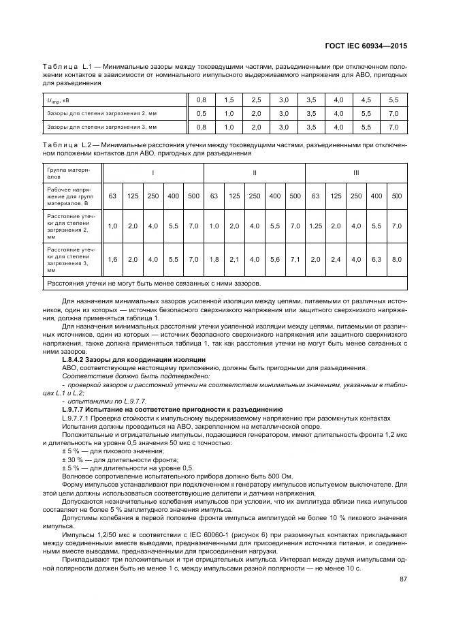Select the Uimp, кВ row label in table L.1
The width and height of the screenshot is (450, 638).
click(x=58, y=100)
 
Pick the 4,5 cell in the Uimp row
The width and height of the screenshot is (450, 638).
click(x=366, y=100)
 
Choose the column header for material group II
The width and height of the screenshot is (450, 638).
click(x=254, y=174)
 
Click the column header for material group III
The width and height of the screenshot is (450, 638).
click(x=355, y=174)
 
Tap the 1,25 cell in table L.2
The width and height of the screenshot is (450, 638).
click(x=315, y=226)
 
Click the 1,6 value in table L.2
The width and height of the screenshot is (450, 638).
click(x=113, y=259)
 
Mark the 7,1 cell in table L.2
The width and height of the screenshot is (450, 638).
click(x=295, y=259)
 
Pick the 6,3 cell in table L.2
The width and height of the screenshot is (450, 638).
click(x=376, y=259)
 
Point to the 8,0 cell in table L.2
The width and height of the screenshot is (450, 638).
click(x=397, y=259)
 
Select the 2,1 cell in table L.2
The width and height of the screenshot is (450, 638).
click(x=234, y=259)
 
